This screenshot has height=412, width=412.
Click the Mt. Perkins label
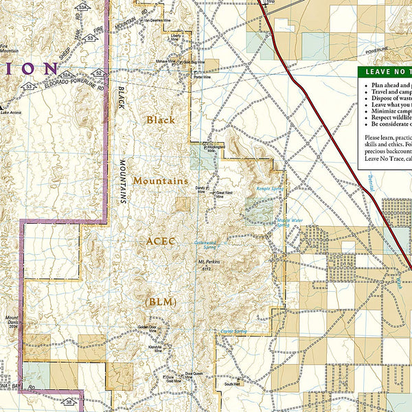(208, 265)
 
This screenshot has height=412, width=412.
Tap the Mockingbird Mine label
(216, 150)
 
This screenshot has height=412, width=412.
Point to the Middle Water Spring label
(288, 222)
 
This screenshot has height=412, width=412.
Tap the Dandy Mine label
(201, 190)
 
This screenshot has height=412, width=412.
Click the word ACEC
(161, 241)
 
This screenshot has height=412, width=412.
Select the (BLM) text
(161, 301)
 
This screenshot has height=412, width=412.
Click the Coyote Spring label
(233, 332)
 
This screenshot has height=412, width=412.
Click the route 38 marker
(69, 402)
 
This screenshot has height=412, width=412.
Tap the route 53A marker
(83, 6)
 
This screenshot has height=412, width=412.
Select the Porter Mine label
(203, 77)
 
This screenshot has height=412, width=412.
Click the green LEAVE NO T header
(384, 71)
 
